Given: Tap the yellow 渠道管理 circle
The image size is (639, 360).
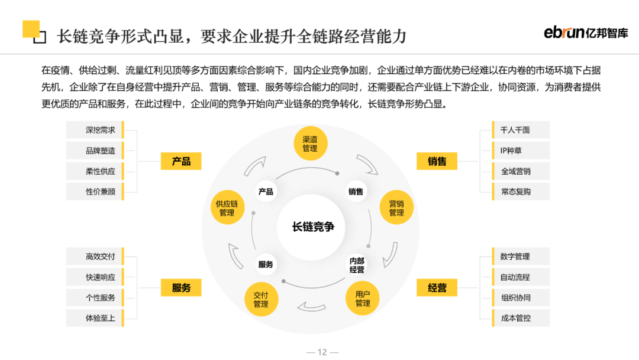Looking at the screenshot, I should point(310,144).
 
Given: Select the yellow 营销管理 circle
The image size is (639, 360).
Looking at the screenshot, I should point(396,208).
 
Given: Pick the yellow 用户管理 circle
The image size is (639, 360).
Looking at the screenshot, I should point(363,298).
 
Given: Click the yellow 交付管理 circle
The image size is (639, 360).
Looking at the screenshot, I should point(261,300).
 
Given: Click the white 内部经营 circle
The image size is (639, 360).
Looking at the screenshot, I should point(357,265).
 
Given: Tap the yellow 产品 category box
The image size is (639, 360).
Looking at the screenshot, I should point(181,161).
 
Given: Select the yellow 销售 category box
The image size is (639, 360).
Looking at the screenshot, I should point(437,161).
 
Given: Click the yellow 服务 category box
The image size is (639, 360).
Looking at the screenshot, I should point(181,288).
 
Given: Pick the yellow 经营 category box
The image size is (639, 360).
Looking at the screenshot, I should point(437,288).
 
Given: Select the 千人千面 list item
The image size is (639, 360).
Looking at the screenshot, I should point(515,130).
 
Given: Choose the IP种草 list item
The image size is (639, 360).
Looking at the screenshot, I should point(515,150).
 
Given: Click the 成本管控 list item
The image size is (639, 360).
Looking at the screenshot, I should point(515,318).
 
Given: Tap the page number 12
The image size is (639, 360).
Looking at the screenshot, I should point(322,352).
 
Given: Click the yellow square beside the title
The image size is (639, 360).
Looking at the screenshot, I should point(31,30).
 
